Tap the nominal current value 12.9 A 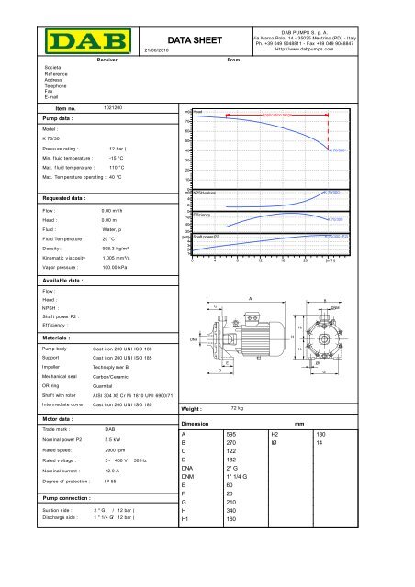tap(116, 518)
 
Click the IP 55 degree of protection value tap(110, 532)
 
